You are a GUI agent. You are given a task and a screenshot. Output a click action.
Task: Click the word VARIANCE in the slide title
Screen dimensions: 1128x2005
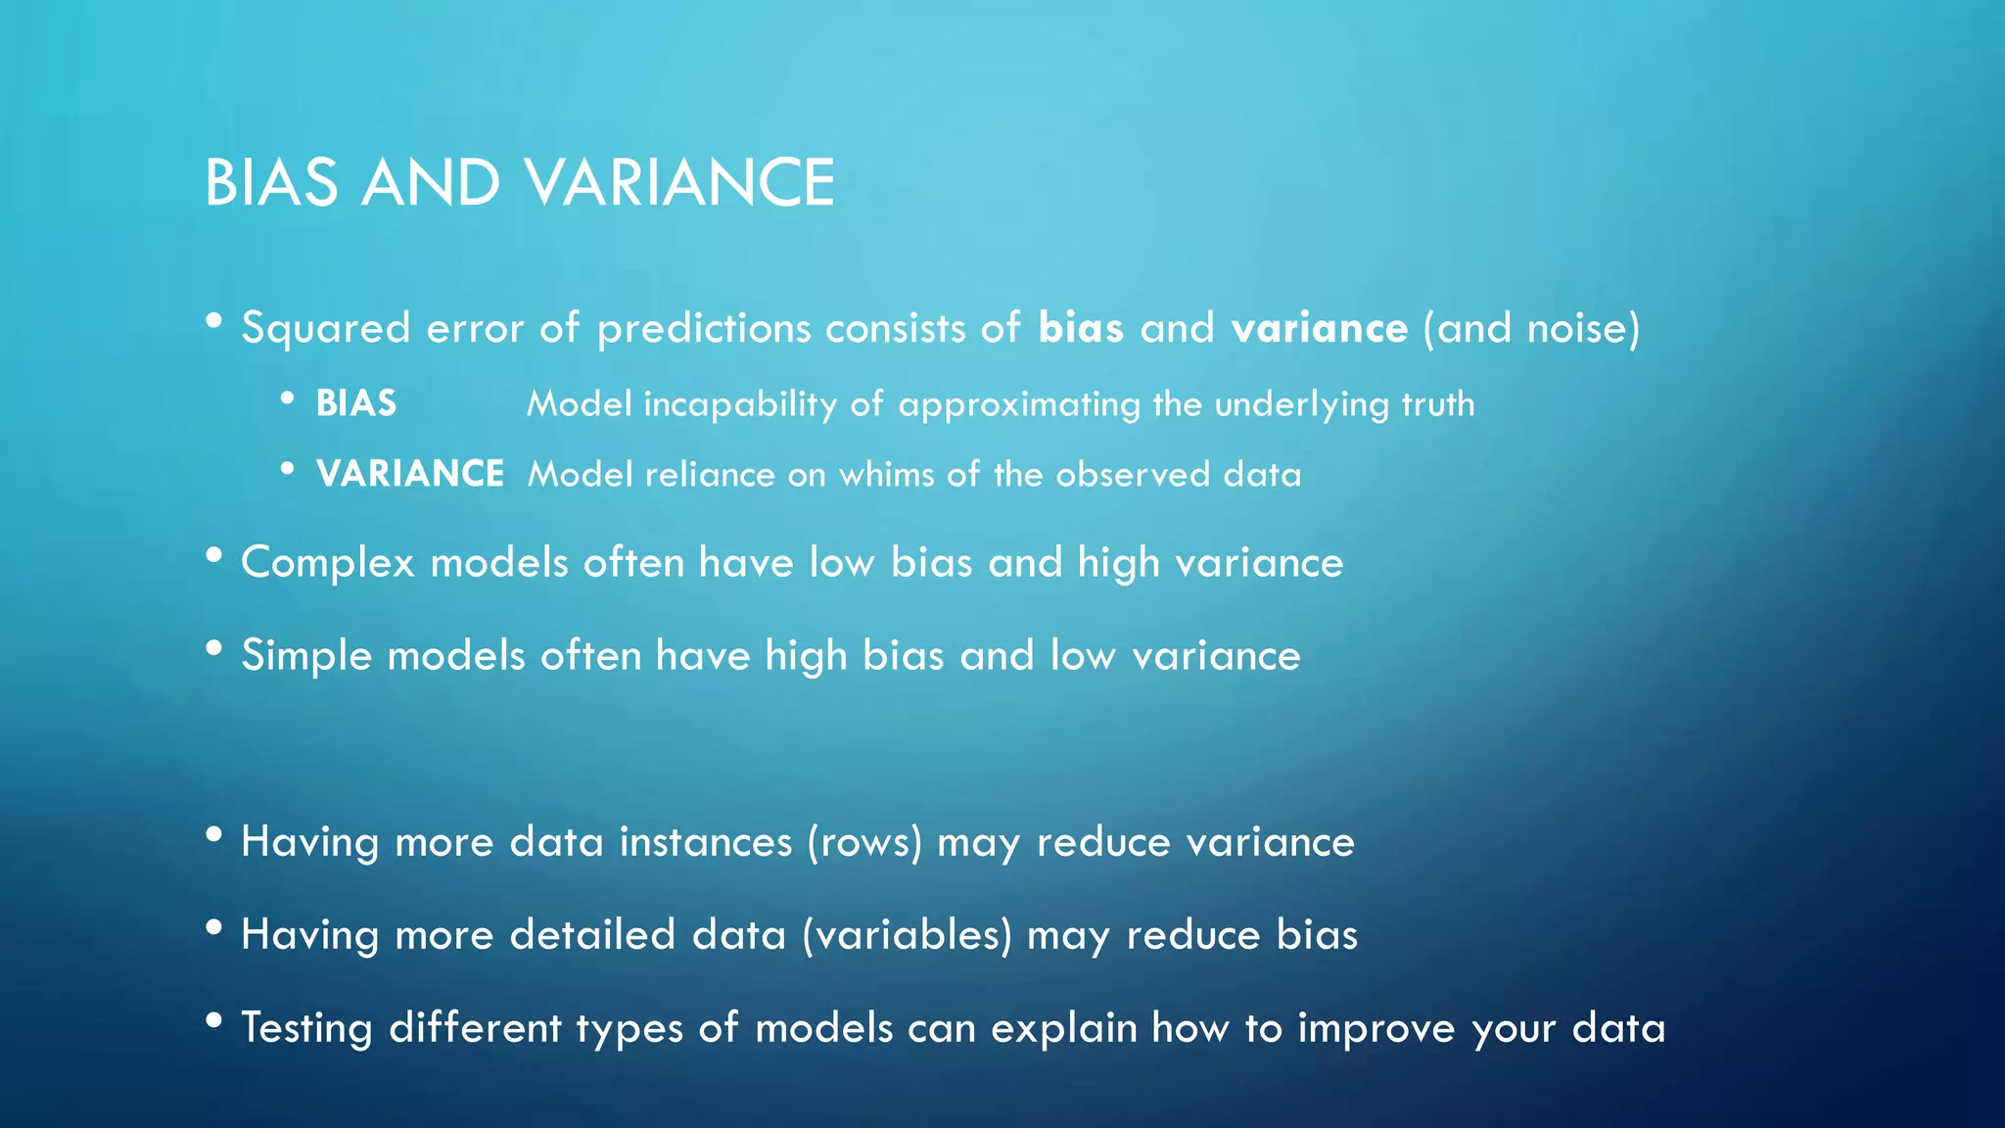[x=678, y=183]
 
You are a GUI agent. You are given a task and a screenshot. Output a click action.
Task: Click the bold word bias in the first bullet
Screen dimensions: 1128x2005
[x=1081, y=328]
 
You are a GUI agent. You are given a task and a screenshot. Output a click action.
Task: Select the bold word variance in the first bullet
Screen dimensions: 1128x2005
[x=1320, y=328]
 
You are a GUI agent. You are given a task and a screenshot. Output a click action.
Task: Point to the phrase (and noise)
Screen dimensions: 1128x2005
[x=1532, y=328]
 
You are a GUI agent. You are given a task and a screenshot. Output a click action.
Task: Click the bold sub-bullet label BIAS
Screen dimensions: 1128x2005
[x=356, y=403]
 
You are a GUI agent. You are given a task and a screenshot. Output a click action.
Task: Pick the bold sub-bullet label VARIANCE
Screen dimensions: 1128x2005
[x=410, y=474]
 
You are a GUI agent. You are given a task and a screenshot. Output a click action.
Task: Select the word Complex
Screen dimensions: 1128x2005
[x=328, y=564]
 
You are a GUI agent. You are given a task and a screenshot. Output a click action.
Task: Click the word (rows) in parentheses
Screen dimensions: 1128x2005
[x=864, y=843]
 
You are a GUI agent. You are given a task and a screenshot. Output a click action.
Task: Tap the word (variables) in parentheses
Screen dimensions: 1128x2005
[x=907, y=936]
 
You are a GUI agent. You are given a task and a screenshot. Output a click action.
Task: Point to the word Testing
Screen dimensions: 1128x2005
[x=307, y=1029]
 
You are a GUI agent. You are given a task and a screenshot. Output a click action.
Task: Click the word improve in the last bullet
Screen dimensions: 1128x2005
[x=1377, y=1029]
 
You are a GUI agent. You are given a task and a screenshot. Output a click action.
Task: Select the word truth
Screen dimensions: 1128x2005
[x=1437, y=404]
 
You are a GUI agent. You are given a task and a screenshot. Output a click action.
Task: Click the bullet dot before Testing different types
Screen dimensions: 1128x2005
[x=214, y=1020]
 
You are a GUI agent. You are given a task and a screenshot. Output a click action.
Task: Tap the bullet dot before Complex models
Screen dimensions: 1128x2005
[x=214, y=555]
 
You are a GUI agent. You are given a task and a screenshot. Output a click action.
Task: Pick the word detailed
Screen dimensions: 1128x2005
[x=592, y=935]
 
